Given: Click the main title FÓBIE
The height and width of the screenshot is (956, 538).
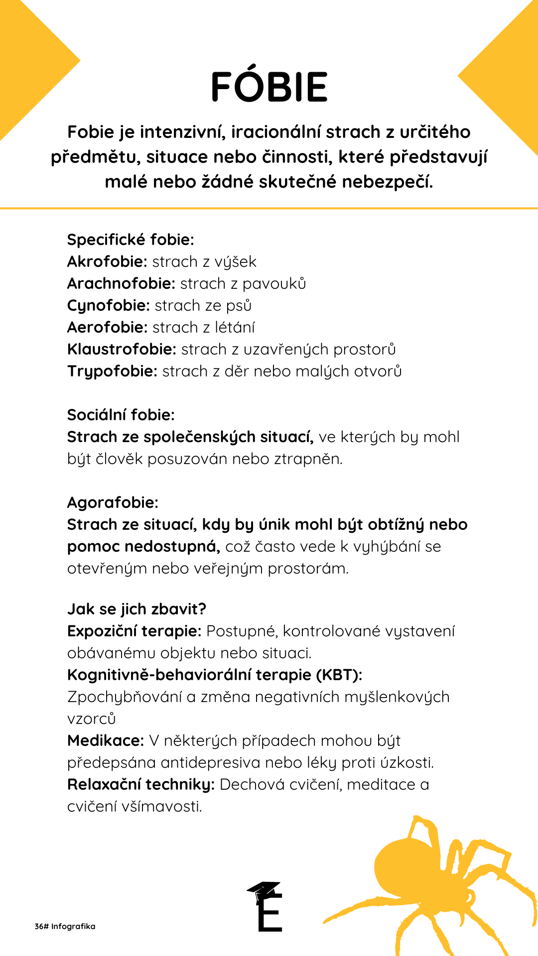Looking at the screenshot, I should pyautogui.click(x=269, y=87).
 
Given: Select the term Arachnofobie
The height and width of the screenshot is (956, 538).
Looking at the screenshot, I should pyautogui.click(x=121, y=284).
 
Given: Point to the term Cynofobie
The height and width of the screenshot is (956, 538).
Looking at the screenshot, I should pyautogui.click(x=108, y=306).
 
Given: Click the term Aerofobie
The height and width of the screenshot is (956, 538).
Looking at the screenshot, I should pyautogui.click(x=107, y=328).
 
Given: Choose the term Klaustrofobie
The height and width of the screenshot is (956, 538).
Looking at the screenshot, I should pyautogui.click(x=122, y=350).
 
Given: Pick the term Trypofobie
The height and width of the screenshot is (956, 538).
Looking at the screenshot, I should pyautogui.click(x=112, y=371).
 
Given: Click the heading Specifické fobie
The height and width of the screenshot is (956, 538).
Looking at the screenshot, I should pyautogui.click(x=131, y=240).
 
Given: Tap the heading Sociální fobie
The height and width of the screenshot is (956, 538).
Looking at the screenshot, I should pyautogui.click(x=121, y=415).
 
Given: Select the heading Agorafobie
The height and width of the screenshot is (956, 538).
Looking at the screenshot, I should pyautogui.click(x=113, y=503).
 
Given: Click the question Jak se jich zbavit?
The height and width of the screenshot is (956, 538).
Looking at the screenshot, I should pyautogui.click(x=136, y=609).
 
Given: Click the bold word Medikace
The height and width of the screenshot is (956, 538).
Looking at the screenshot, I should pyautogui.click(x=106, y=741).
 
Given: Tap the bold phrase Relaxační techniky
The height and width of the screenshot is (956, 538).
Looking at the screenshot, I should pyautogui.click(x=141, y=785).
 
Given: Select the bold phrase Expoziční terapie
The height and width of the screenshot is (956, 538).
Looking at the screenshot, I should pyautogui.click(x=134, y=631).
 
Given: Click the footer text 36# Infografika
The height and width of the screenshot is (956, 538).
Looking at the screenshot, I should pyautogui.click(x=65, y=927).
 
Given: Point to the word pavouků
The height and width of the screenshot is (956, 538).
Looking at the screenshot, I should pyautogui.click(x=274, y=284).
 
